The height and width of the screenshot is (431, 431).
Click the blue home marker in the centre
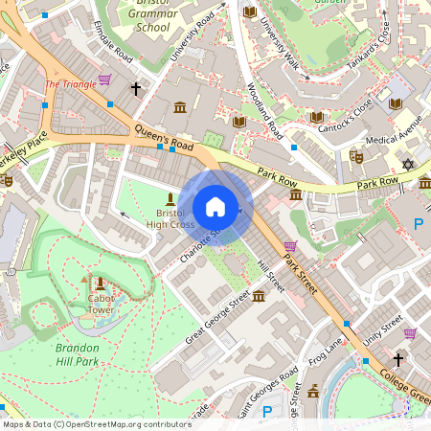[215, 207]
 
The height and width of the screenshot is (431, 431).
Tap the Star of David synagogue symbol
[409, 166]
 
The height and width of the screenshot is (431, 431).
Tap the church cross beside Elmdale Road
[136, 88]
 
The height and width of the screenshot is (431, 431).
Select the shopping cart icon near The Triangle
[103, 80]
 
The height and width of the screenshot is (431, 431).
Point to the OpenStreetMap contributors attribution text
[96, 423]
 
